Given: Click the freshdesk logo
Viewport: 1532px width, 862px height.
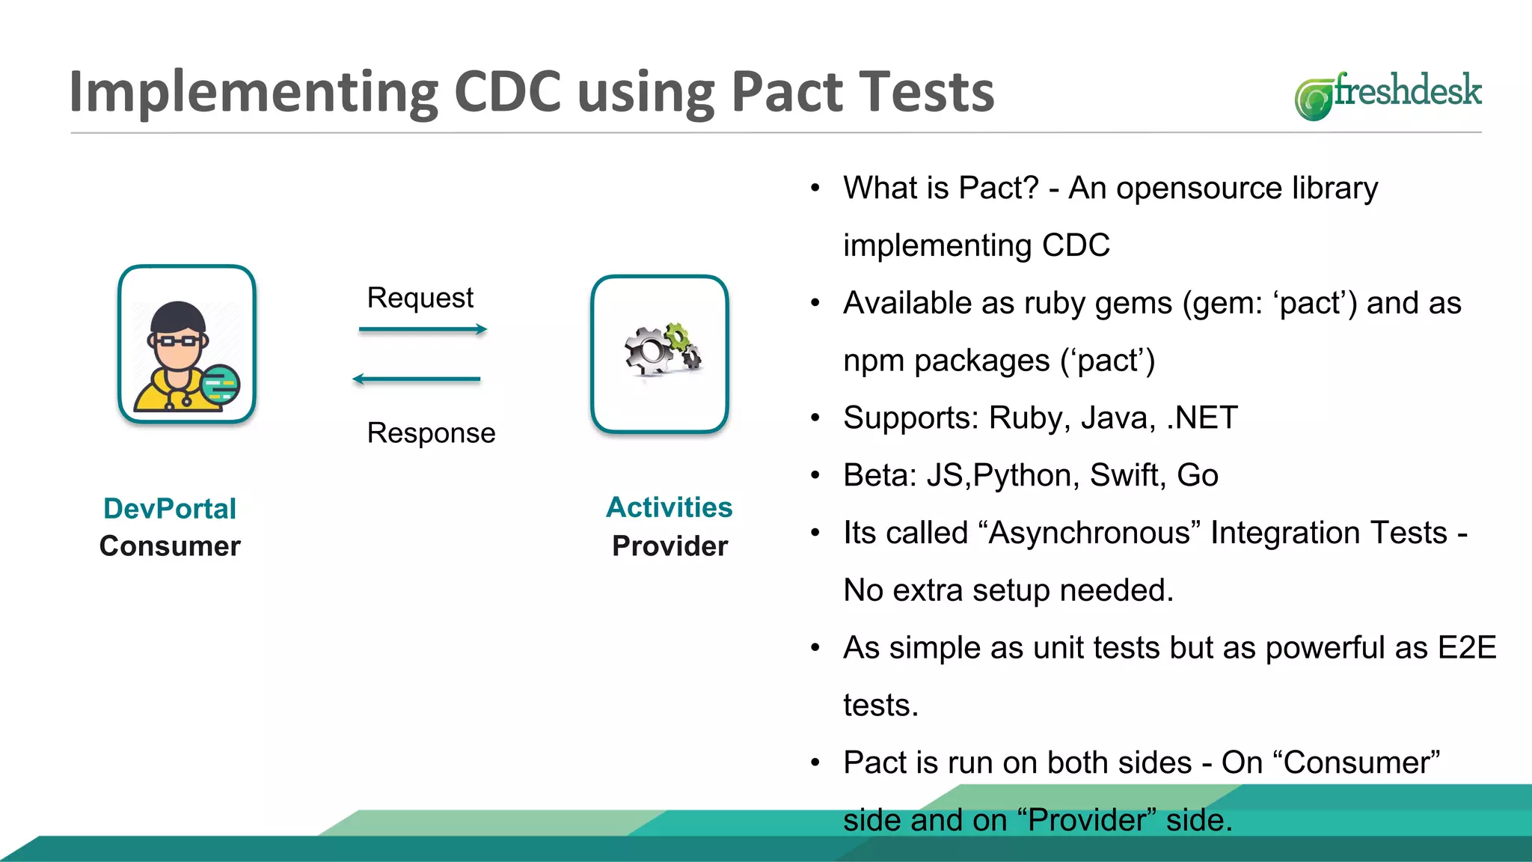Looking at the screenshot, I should [1388, 95].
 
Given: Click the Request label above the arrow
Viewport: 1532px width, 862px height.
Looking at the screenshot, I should [420, 298].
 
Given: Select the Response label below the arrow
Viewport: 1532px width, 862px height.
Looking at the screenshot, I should [431, 433].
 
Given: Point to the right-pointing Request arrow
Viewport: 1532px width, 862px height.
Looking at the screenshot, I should [423, 329].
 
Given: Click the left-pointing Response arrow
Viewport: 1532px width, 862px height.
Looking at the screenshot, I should [417, 379].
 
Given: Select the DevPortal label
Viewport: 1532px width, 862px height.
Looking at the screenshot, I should [170, 509].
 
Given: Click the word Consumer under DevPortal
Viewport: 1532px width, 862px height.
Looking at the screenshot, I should [170, 546].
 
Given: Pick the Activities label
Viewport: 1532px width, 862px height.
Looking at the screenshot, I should [669, 507].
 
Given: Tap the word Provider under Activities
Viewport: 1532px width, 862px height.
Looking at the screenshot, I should [670, 546].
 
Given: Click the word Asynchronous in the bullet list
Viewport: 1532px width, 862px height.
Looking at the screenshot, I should [1089, 533].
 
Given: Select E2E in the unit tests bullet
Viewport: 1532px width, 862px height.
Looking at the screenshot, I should [1467, 648].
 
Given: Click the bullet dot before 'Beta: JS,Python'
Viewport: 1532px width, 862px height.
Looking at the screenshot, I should [815, 476].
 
